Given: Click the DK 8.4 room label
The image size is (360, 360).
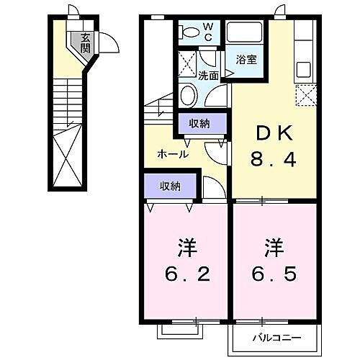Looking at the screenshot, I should [272, 145].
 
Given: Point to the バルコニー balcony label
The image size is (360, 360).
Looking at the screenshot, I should [273, 337].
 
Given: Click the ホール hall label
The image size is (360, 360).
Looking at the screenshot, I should [174, 154].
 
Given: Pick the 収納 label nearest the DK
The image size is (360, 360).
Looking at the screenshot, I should [199, 123].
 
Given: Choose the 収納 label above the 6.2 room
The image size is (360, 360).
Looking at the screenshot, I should [170, 186].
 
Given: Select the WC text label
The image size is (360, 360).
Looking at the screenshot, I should [207, 30].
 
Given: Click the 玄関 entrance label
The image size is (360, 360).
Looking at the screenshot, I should [86, 43].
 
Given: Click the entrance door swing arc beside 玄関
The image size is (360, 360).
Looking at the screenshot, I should [107, 43].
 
